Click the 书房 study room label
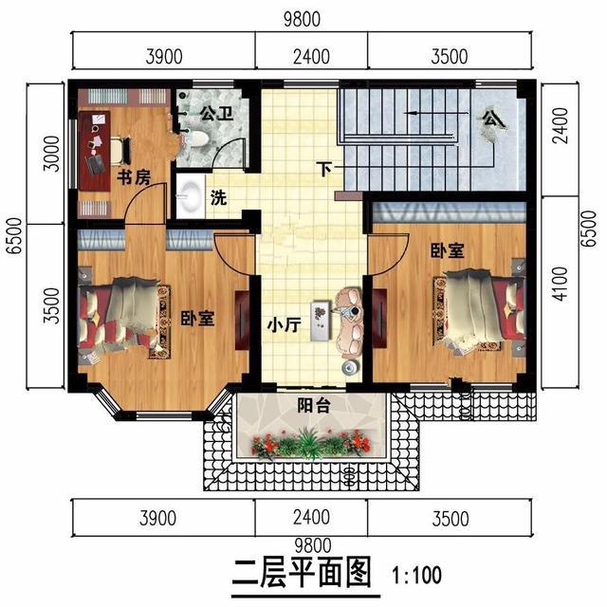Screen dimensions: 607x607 [x=133, y=178]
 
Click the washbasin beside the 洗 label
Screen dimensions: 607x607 [x=189, y=195]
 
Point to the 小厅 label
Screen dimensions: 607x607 [x=283, y=325]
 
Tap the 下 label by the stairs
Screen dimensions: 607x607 [x=325, y=171]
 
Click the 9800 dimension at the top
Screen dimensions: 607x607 [x=303, y=17]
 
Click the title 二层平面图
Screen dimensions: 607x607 [x=302, y=575]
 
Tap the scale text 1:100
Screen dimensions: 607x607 [x=417, y=575]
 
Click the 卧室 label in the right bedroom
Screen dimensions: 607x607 [x=447, y=251]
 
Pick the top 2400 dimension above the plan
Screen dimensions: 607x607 [x=311, y=57]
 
